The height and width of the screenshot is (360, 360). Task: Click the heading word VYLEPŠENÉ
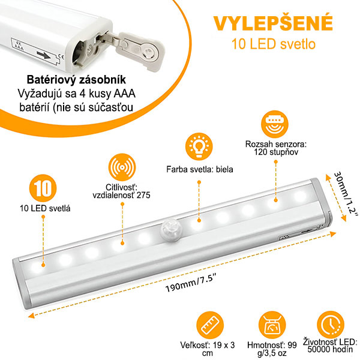(x=273, y=23)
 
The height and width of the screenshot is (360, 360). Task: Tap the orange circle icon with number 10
(x=43, y=188)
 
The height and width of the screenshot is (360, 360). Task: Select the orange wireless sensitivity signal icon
(x=122, y=167)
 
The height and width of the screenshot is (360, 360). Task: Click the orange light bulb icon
(x=199, y=146)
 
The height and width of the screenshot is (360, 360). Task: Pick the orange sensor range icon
(x=275, y=124)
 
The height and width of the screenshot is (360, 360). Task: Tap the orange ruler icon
(x=210, y=325)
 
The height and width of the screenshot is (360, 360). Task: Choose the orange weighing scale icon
(x=272, y=325)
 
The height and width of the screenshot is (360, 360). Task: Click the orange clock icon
(x=331, y=325)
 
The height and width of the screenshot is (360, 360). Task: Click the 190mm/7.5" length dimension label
(x=191, y=284)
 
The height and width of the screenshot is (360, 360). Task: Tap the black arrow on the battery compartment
(x=44, y=55)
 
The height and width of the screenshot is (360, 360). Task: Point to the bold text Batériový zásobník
(x=76, y=80)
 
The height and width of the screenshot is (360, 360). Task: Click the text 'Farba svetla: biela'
(x=200, y=169)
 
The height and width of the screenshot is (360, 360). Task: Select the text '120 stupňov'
(x=276, y=152)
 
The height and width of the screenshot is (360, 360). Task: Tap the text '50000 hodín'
(x=330, y=349)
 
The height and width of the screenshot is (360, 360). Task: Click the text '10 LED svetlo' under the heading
(x=273, y=44)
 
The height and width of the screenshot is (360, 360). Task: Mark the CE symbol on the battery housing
(x=61, y=56)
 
